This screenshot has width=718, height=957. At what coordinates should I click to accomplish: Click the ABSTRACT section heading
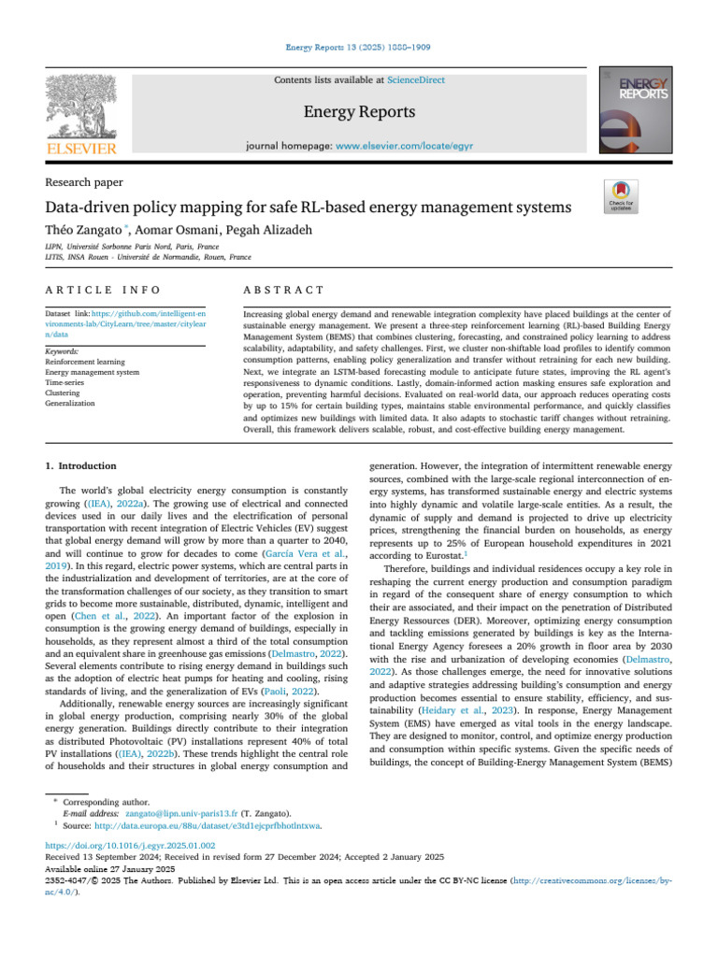point(283,293)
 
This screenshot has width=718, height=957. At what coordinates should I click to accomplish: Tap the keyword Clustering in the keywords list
point(64,394)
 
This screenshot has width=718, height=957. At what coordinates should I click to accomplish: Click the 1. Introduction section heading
point(81,465)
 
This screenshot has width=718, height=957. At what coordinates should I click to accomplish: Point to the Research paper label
point(84,182)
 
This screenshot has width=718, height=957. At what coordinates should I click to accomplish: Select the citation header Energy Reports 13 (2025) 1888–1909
point(358,47)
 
